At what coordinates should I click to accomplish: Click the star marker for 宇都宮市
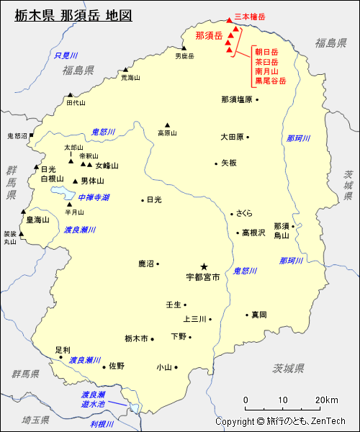[204, 265]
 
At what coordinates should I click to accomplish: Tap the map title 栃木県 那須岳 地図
[73, 15]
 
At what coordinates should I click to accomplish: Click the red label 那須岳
[209, 35]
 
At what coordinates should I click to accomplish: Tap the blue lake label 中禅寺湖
[94, 197]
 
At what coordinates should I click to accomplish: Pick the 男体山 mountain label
[92, 181]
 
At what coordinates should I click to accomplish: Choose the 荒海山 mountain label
[130, 78]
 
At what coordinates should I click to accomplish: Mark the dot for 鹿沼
[158, 264]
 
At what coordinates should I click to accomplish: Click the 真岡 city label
[259, 315]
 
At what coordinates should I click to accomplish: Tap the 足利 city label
[63, 349]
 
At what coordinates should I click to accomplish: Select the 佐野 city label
[117, 366]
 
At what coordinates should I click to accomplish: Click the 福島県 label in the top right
[330, 43]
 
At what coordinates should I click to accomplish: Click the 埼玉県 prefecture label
[35, 419]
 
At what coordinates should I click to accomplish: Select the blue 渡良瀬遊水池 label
[94, 400]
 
